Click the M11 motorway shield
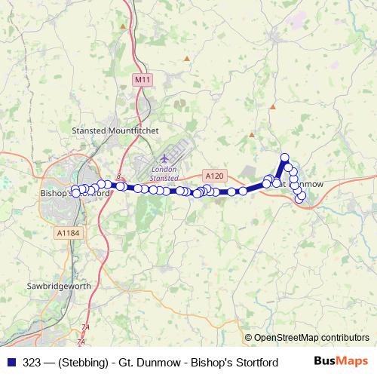[141, 79]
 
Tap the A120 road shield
[215, 176]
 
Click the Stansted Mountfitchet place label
[115, 130]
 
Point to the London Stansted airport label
[164, 173]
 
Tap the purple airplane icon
[164, 159]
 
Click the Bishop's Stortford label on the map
[74, 193]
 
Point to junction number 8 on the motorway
[119, 176]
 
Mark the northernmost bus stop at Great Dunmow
[285, 158]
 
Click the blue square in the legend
[11, 362]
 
